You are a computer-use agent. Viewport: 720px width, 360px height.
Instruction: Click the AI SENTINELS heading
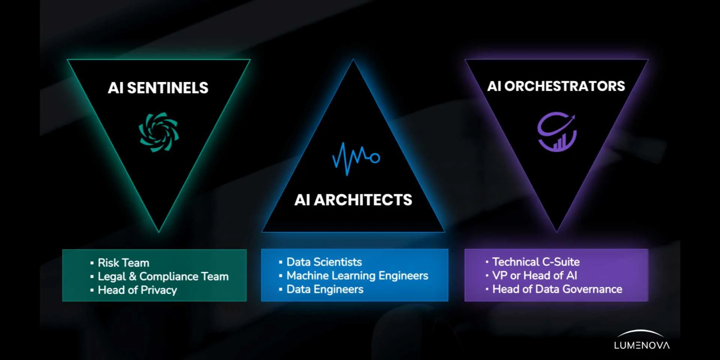[x=158, y=88]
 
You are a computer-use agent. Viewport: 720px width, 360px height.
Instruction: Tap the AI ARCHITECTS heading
[x=353, y=200]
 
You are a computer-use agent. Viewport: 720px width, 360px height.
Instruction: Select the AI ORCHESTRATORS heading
[x=556, y=86]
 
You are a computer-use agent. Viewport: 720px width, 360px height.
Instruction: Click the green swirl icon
[x=159, y=132]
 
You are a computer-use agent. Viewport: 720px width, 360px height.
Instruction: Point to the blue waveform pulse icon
[x=356, y=158]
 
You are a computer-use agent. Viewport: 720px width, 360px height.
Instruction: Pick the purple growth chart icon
[x=557, y=132]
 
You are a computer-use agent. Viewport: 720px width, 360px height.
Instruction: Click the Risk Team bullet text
[x=123, y=262]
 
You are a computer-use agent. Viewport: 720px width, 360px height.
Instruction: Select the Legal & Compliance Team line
[x=163, y=276]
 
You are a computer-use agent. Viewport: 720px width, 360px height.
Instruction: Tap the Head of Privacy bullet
[x=137, y=290]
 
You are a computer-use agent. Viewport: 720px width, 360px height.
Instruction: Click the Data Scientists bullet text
[x=324, y=262]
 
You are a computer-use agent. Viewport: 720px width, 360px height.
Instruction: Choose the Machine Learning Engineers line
[x=357, y=276]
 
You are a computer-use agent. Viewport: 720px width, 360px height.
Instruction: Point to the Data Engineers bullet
[x=325, y=289]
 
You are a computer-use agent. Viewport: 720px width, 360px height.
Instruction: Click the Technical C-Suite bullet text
[x=536, y=262]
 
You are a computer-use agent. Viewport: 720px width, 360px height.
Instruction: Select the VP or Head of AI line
[x=534, y=276]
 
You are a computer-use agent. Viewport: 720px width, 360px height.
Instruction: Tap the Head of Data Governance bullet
[x=557, y=289]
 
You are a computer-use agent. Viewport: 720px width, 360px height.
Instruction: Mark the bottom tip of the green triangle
[x=159, y=232]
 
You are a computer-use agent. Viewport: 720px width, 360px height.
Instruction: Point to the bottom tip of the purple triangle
[x=556, y=232]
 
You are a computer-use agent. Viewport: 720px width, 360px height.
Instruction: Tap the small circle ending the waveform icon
[x=375, y=158]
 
